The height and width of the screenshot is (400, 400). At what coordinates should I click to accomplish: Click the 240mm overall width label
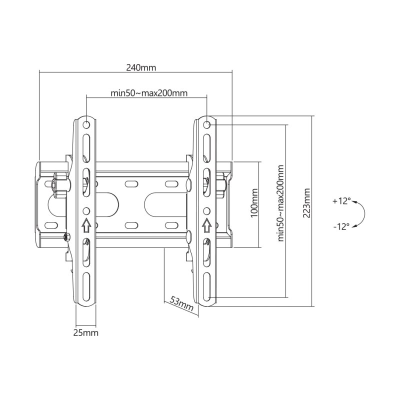[x=140, y=68]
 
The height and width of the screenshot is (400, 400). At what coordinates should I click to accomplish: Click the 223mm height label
[x=306, y=203]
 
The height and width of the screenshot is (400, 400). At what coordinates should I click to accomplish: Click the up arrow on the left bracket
[x=86, y=225]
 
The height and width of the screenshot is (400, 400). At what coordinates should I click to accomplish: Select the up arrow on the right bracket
[x=206, y=225]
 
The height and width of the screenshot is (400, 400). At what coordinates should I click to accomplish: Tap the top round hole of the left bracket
[x=86, y=123]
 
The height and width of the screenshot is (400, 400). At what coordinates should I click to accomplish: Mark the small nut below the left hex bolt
[x=65, y=236]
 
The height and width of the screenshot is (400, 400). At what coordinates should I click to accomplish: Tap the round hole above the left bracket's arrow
[x=86, y=210]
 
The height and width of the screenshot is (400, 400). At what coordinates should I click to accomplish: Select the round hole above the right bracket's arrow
[x=206, y=210]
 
